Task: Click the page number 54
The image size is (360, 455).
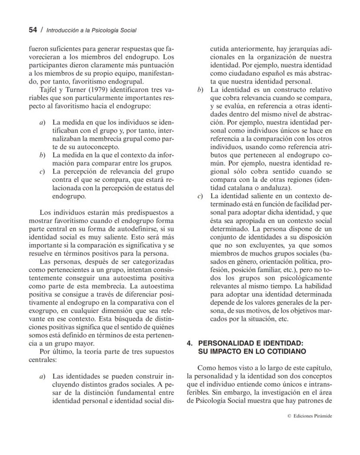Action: click(33, 30)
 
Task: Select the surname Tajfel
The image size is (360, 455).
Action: click(48, 90)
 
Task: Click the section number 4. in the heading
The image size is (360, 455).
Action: click(190, 343)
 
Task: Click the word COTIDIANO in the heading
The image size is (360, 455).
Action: click(287, 351)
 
